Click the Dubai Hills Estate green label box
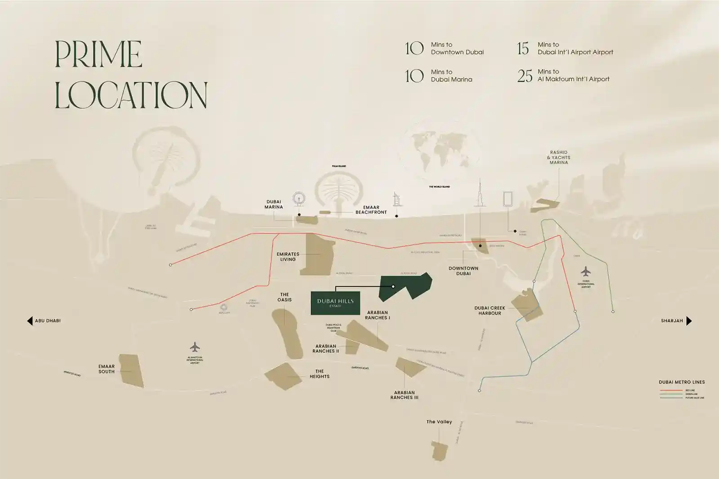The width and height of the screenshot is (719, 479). (x=335, y=303)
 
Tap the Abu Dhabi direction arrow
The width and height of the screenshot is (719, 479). (x=30, y=321)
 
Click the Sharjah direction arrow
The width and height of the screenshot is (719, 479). (x=689, y=321)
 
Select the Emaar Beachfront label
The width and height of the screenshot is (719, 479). (x=371, y=210)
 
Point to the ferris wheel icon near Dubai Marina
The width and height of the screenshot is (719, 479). (x=298, y=199)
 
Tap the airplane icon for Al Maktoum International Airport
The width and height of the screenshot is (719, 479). (x=195, y=347)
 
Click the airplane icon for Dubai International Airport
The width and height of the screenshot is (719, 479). (x=586, y=272)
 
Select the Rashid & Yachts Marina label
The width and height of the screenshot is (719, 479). (x=559, y=158)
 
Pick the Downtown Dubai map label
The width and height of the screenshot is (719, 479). (x=463, y=271)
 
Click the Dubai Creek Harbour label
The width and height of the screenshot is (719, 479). (x=489, y=311)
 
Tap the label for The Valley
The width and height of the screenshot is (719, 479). (x=439, y=422)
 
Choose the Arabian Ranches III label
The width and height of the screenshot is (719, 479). (x=404, y=395)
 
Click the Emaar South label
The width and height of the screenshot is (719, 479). (x=107, y=369)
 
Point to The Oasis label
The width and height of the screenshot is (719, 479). (x=284, y=297)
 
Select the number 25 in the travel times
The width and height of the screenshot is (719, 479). (x=524, y=76)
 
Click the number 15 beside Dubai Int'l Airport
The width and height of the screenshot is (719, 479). (x=523, y=48)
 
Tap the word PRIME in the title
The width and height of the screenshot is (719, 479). (x=98, y=55)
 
